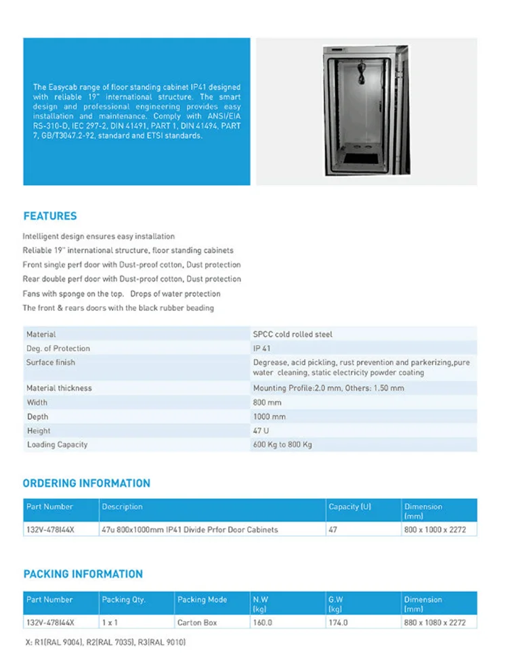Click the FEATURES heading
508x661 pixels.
[50, 217]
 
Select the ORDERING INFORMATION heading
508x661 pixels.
[87, 484]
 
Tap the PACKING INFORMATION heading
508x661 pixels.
[83, 574]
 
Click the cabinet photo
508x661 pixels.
[366, 110]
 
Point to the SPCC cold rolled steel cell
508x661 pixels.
[293, 335]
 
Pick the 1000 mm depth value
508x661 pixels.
[270, 417]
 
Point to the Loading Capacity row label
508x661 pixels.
[57, 445]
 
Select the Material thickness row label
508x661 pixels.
[59, 388]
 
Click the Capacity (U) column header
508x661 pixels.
[350, 507]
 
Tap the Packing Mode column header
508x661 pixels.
[202, 600]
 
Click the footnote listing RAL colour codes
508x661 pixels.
[105, 641]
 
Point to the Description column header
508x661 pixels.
[122, 507]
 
